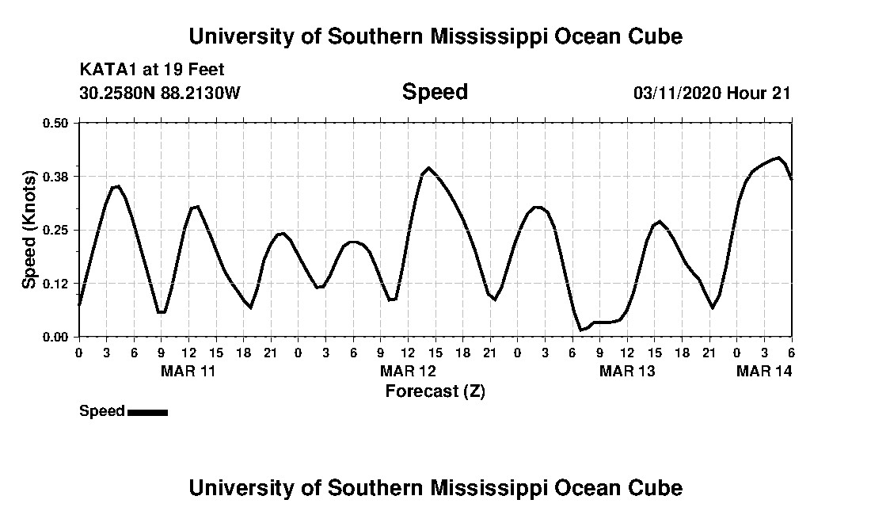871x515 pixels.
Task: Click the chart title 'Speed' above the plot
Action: (435, 93)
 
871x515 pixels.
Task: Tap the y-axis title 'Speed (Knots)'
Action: (29, 229)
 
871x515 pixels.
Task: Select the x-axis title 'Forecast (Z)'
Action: (435, 391)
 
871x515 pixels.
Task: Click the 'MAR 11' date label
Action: (188, 371)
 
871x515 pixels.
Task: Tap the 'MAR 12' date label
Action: (408, 371)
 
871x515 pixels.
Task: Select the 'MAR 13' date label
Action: (627, 371)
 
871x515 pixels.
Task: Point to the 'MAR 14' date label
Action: (764, 371)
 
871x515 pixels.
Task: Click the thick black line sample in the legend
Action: (147, 412)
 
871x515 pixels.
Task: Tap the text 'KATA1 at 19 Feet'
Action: (152, 70)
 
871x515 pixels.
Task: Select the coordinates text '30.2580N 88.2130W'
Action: (160, 93)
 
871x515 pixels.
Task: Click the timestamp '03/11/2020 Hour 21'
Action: (712, 93)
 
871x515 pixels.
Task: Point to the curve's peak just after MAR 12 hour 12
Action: (428, 168)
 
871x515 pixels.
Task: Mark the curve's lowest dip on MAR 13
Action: (581, 330)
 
